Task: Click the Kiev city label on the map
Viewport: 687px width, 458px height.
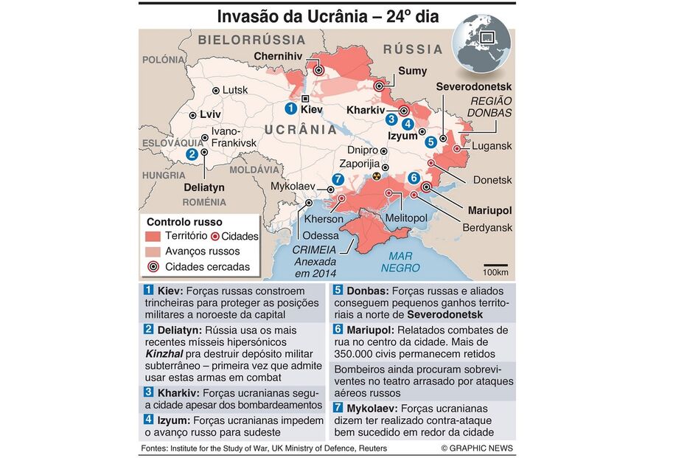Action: [313, 109]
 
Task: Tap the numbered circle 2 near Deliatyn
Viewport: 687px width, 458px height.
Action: [192, 153]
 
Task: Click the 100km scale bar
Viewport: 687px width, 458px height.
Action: [495, 265]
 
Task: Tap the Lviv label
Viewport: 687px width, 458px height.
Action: [210, 115]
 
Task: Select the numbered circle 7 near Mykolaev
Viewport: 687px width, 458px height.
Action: [338, 179]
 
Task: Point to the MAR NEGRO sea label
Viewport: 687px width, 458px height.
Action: [400, 263]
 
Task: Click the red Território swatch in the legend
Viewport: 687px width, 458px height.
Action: [153, 237]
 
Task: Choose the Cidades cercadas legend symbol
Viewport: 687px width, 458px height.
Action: [153, 267]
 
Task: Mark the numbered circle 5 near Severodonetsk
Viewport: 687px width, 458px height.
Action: [430, 142]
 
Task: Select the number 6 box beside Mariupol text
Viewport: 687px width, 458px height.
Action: [338, 330]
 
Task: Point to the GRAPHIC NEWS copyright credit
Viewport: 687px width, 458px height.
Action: [477, 448]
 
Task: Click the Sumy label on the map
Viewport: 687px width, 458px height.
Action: [412, 71]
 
